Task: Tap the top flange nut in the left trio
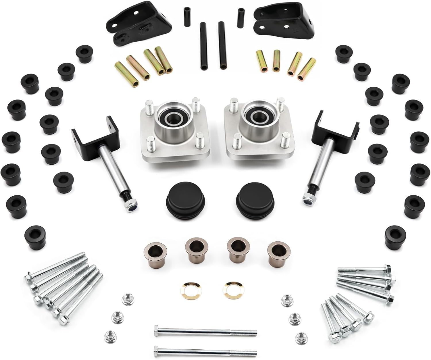(126, 300)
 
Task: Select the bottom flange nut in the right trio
(300, 336)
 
